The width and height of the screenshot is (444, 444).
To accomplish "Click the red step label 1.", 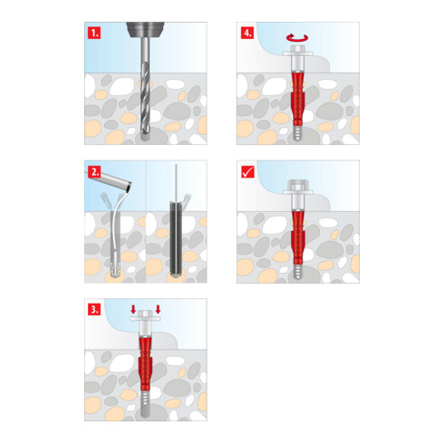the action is (x=94, y=33).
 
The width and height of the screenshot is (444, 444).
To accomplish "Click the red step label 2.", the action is (x=94, y=171).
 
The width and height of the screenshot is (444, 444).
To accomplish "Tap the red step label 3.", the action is (x=94, y=310).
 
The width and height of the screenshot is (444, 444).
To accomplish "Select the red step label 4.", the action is (x=247, y=33).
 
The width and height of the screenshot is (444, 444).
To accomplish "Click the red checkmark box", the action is (x=248, y=171).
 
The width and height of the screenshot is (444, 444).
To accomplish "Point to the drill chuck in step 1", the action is (x=145, y=30).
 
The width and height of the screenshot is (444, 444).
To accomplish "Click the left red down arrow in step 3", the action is (x=133, y=309).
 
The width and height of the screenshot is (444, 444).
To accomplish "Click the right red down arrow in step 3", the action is (x=158, y=309).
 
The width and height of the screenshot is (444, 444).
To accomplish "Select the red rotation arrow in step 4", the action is (x=297, y=37).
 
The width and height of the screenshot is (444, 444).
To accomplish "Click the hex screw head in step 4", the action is (x=298, y=51).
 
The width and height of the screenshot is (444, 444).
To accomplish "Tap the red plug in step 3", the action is (x=145, y=366).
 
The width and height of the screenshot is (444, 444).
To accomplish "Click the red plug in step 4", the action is (x=298, y=99).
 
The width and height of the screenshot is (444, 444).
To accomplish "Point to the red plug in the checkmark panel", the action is (x=298, y=237).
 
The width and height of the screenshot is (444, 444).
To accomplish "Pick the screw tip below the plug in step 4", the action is (x=298, y=133).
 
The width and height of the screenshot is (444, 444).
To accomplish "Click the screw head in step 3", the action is (x=145, y=315).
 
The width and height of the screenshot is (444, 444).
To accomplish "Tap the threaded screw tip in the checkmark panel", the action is (x=298, y=271).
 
